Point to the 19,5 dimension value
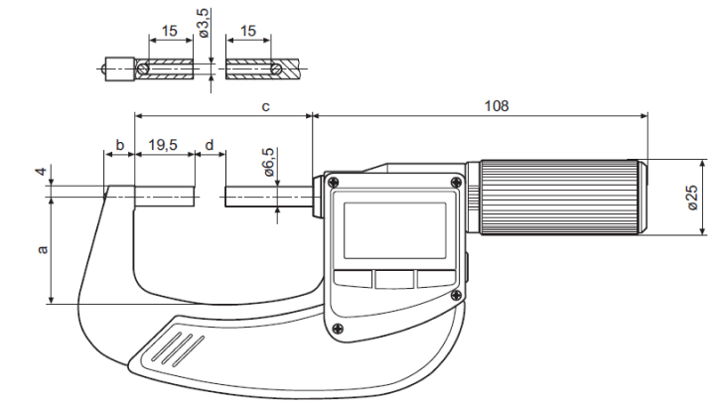164,145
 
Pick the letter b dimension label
119,145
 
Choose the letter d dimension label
209,145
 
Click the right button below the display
433,280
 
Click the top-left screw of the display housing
333,183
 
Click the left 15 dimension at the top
170,33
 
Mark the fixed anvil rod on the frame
165,196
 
